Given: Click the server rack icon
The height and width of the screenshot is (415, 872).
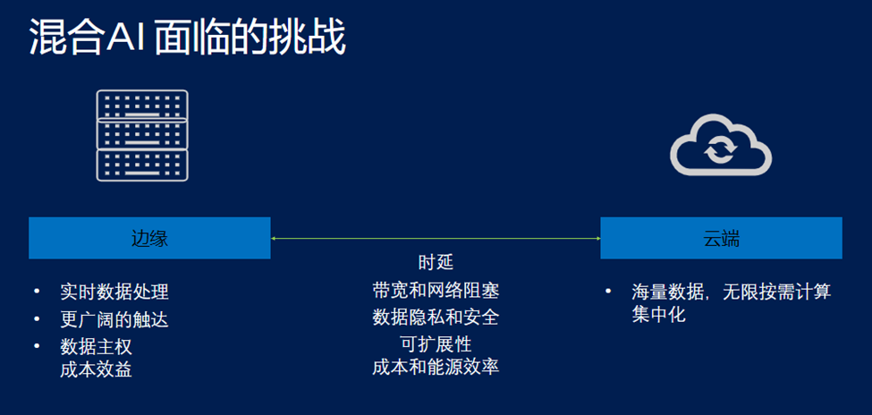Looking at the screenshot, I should click(142, 135).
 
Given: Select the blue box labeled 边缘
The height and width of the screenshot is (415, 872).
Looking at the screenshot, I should click(149, 239).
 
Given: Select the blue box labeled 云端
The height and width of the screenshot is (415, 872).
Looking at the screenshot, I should click(721, 239).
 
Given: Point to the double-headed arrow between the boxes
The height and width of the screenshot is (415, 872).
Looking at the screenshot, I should click(436, 239).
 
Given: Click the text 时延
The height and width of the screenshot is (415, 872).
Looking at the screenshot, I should click(436, 263).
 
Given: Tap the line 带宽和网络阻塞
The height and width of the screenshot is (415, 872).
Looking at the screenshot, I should click(436, 291).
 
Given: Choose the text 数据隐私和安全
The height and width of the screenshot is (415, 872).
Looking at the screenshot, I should click(436, 318).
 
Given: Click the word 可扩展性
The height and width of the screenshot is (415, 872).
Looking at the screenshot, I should click(436, 344).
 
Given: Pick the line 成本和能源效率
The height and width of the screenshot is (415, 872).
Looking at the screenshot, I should click(436, 367).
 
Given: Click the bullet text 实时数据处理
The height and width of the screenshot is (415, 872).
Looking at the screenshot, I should click(114, 292).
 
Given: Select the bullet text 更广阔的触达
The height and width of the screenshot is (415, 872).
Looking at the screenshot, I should click(114, 319).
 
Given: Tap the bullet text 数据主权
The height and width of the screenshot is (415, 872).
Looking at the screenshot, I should click(97, 346).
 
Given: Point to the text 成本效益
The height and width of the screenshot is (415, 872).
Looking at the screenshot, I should click(97, 368).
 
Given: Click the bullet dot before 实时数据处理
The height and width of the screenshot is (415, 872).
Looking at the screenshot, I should click(37, 292).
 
